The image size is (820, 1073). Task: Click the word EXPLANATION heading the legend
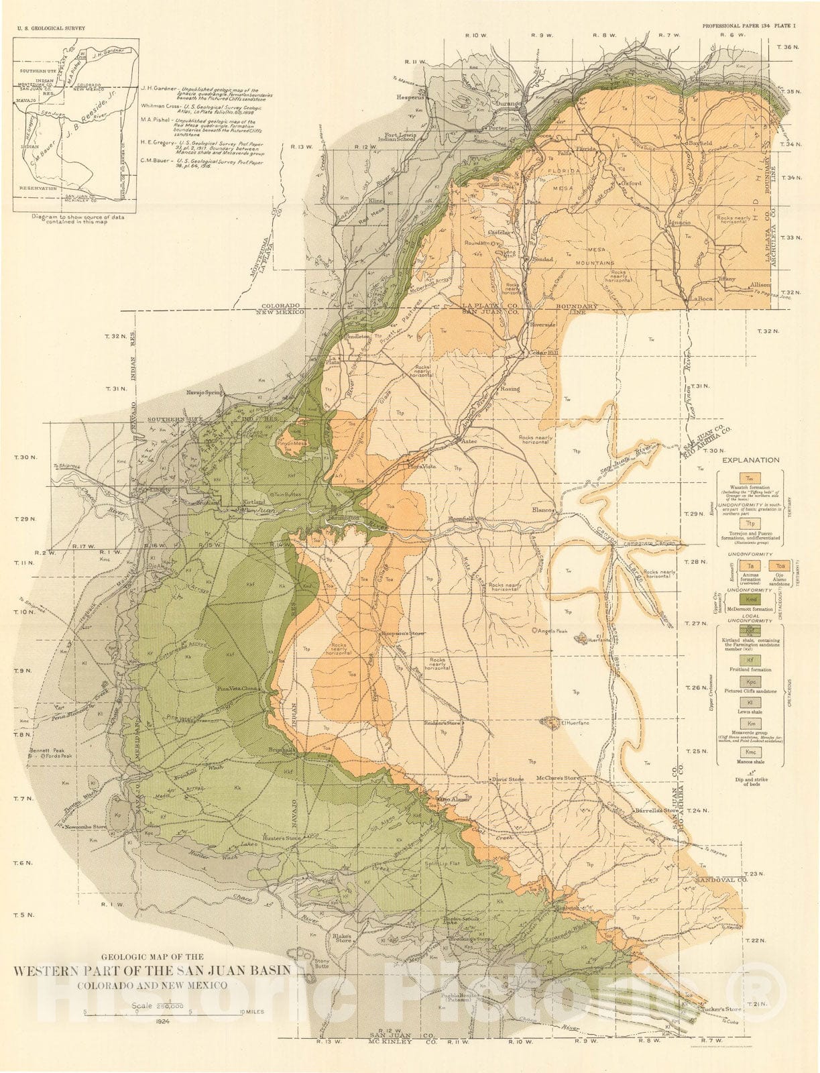point(750,460)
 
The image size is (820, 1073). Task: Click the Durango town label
point(508,104)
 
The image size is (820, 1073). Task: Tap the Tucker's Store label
point(703,1009)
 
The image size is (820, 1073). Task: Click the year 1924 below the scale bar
point(161,1021)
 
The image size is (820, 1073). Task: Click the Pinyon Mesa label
point(292,443)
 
